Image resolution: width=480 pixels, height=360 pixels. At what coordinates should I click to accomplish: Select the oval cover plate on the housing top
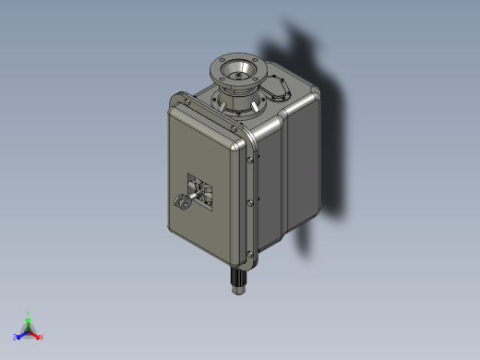(277, 89)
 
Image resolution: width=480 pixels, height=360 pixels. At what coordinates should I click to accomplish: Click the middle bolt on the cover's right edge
(251, 203)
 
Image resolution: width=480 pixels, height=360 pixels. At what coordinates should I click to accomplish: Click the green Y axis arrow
(29, 319)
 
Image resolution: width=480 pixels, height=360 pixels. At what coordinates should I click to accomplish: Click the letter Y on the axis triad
(29, 312)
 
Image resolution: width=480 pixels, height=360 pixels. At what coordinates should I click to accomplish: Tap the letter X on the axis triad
(42, 339)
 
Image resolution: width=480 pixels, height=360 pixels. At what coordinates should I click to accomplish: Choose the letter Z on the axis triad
(15, 338)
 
